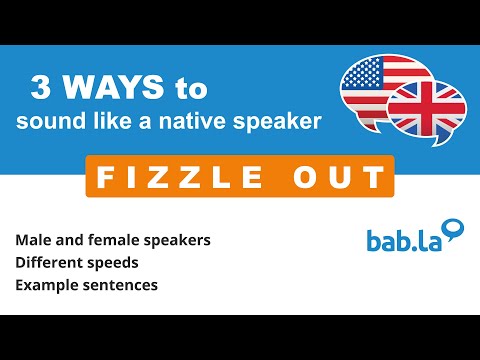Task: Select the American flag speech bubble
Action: [x=377, y=86]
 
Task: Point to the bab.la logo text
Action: [x=400, y=241]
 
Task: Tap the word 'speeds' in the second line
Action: [x=117, y=264]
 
